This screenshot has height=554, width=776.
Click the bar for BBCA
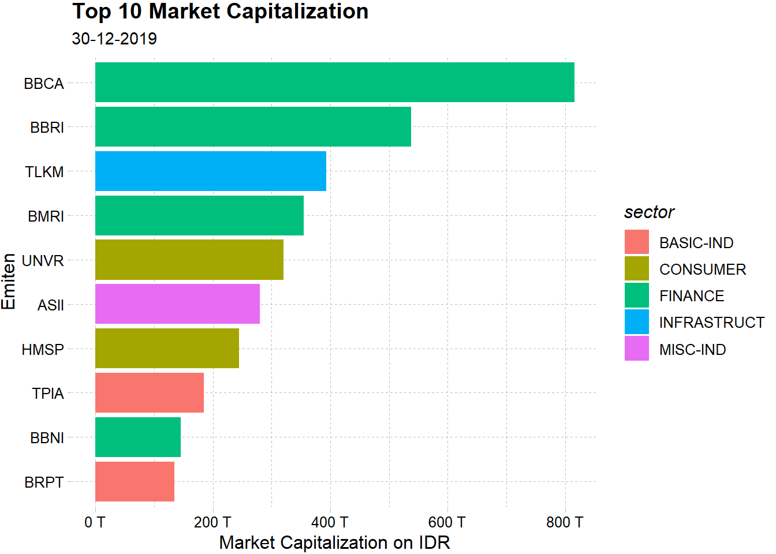[335, 83]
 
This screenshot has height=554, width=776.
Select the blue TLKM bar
[211, 171]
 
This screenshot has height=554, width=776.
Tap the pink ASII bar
[177, 304]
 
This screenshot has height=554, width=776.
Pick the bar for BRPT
[135, 481]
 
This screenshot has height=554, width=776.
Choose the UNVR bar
[189, 260]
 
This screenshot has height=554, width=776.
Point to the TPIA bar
[150, 393]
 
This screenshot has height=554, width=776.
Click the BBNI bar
[138, 437]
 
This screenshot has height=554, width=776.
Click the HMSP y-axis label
[43, 350]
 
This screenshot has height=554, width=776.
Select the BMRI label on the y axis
[46, 216]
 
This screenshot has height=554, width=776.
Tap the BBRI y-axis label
[47, 128]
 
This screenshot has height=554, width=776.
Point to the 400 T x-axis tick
[330, 523]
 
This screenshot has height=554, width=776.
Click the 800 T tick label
[565, 523]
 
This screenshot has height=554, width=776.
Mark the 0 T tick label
[95, 523]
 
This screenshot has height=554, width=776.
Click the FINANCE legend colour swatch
[636, 295]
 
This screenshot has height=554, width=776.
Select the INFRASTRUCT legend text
[711, 323]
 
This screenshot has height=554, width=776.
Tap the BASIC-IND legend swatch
[636, 242]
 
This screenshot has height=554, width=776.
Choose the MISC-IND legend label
[692, 350]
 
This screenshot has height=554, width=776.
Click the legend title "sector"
[649, 212]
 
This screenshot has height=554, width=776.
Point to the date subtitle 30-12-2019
[114, 39]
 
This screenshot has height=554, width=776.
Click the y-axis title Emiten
[9, 282]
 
